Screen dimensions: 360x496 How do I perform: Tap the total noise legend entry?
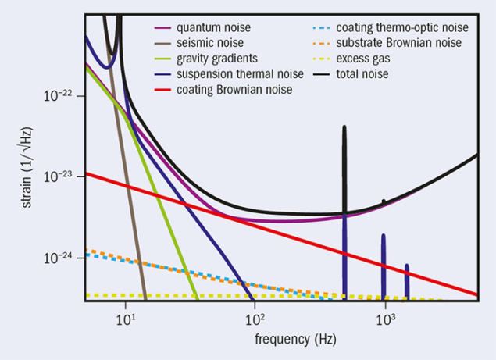tap(362, 74)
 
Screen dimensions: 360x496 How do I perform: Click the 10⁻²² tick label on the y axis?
tap(59, 95)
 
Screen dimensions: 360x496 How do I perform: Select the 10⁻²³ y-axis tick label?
tap(59, 177)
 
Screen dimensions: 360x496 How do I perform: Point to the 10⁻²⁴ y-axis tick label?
tap(59, 258)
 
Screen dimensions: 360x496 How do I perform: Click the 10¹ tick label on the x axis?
tap(123, 318)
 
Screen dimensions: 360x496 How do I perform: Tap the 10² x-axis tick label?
tap(254, 318)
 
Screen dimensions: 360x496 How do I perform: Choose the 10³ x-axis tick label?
tap(384, 318)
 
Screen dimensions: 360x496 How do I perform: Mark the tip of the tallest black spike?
tap(344, 126)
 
